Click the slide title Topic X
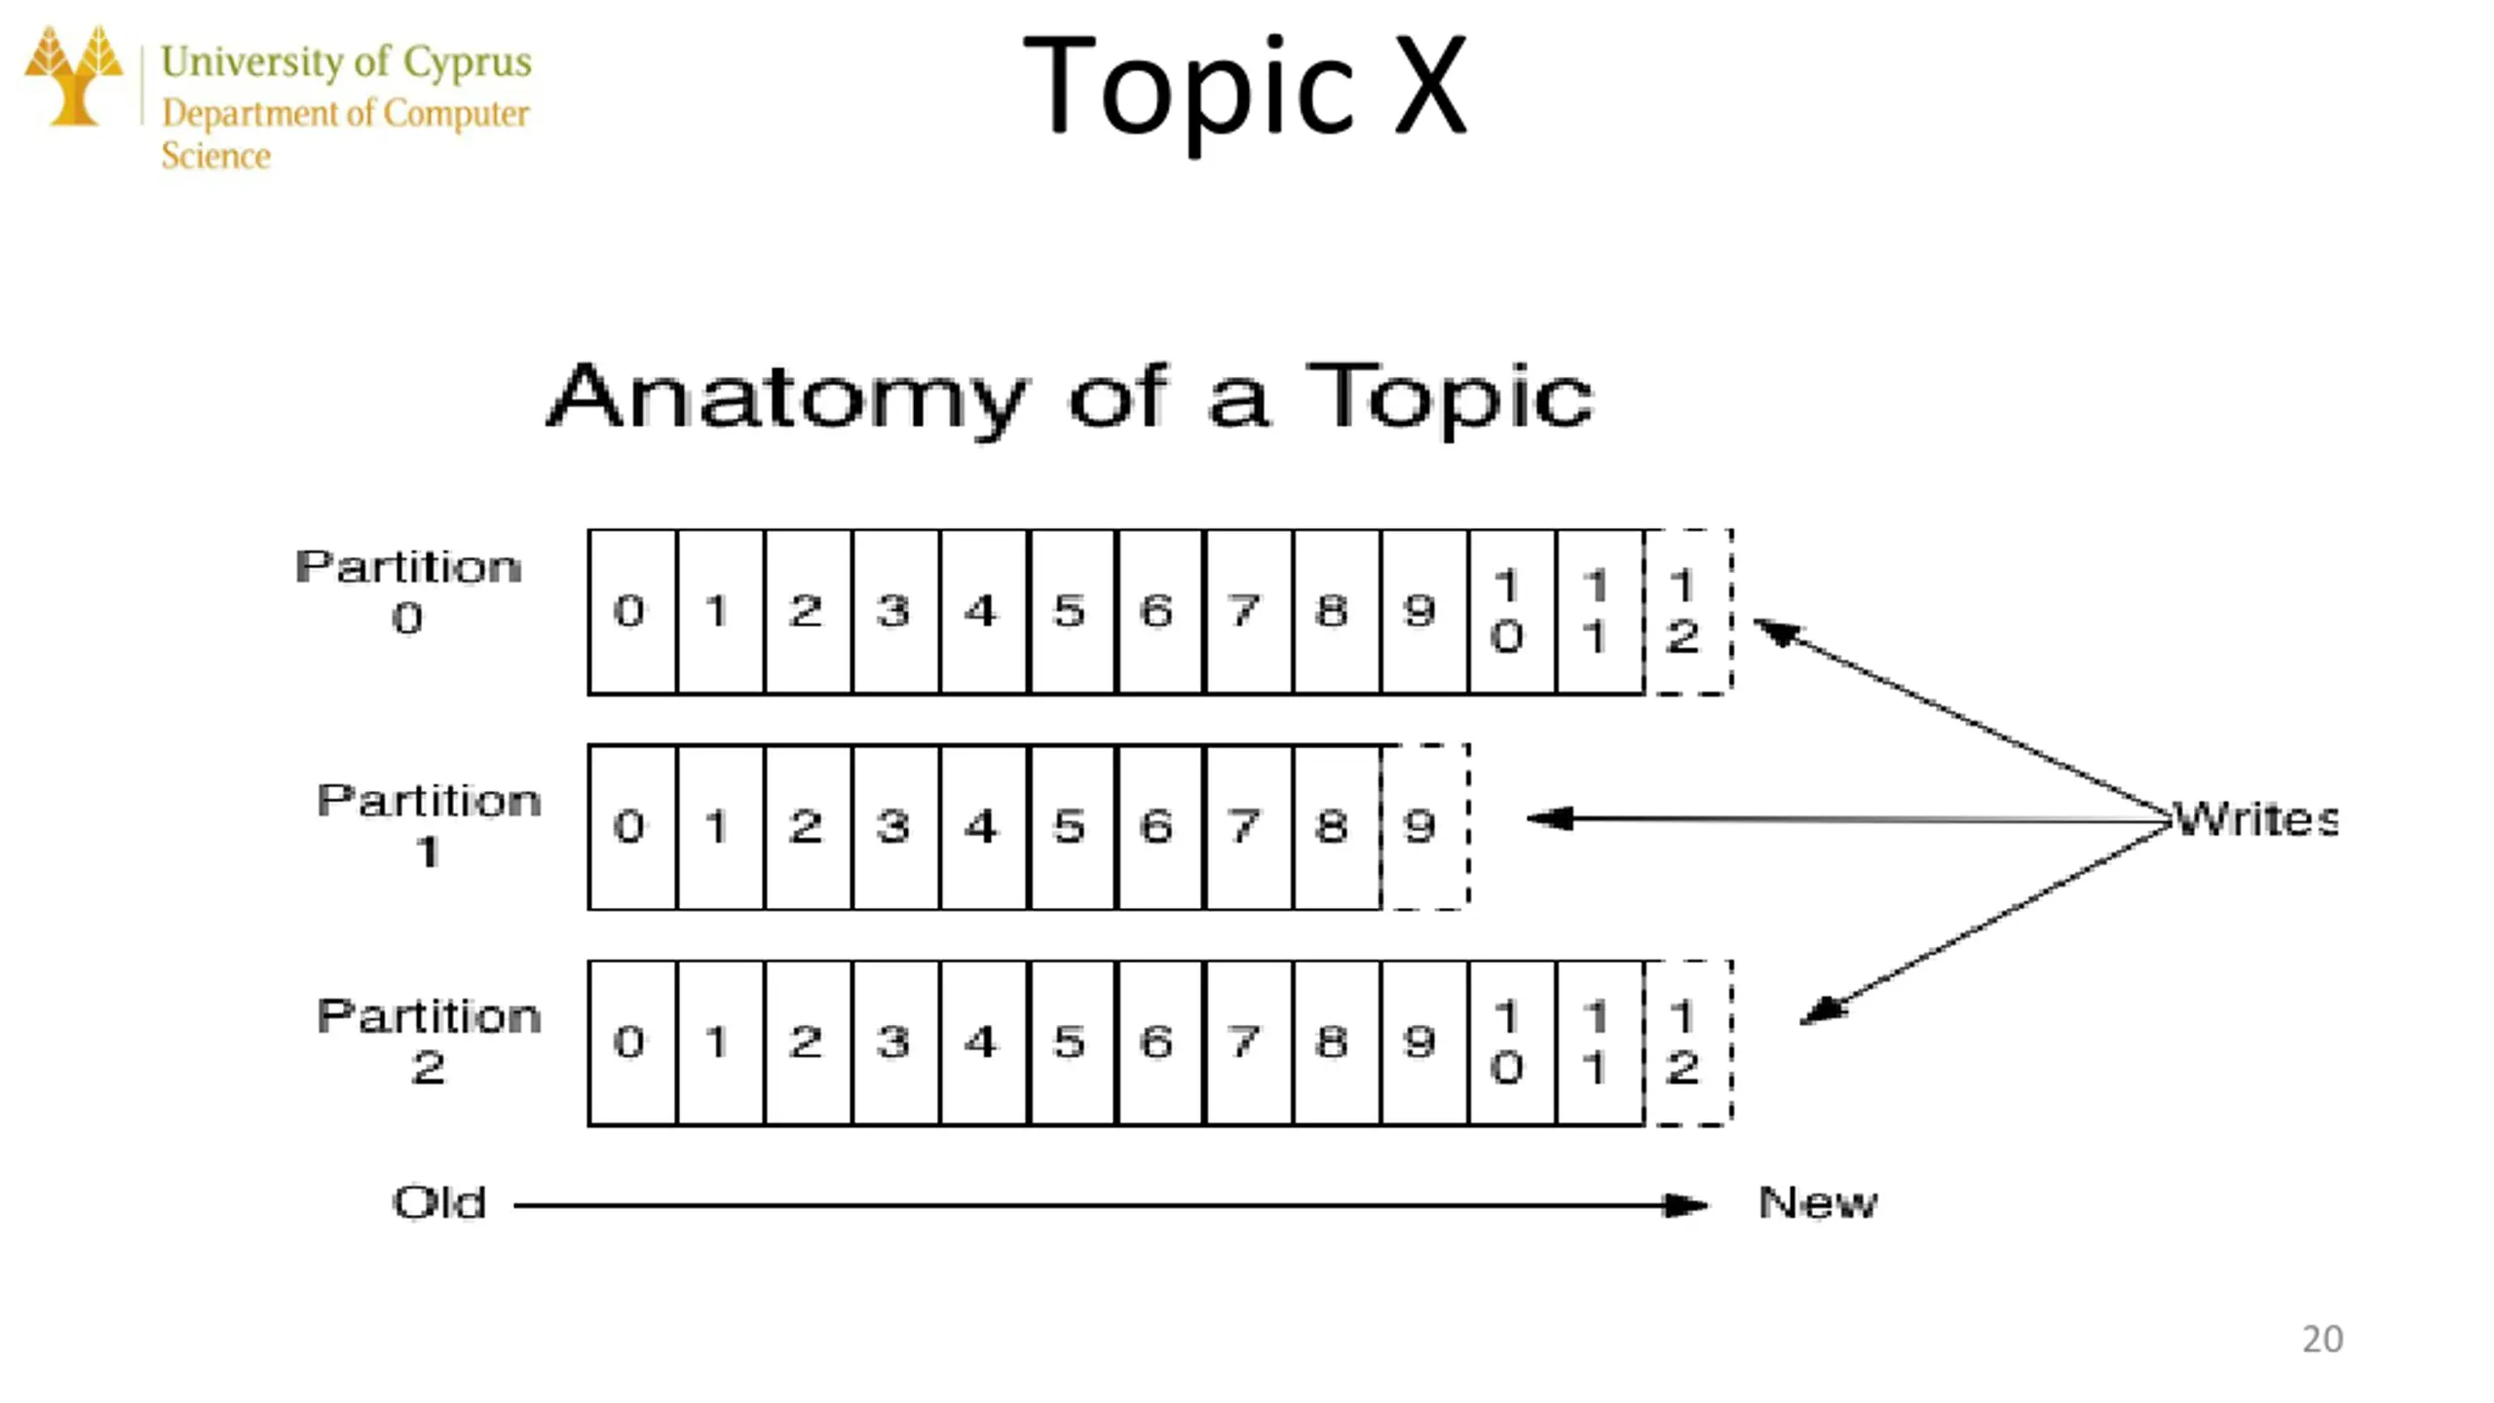tap(1244, 88)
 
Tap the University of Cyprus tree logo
tap(74, 76)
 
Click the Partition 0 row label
tap(408, 590)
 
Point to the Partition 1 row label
tap(429, 824)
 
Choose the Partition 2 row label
tap(429, 1040)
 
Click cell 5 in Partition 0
tap(1070, 612)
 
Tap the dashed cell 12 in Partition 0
tap(1687, 612)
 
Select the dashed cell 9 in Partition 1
tap(1423, 827)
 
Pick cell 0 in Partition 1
tap(631, 827)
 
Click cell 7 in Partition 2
tap(1247, 1043)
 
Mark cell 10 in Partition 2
tap(1510, 1043)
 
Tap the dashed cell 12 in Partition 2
tap(1687, 1043)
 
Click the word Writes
tap(2254, 819)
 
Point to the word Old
tap(439, 1203)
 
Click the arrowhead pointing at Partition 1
tap(1549, 818)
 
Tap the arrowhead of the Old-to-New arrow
tap(1685, 1205)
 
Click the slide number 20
tap(2322, 1340)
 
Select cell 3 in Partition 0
tap(894, 612)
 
